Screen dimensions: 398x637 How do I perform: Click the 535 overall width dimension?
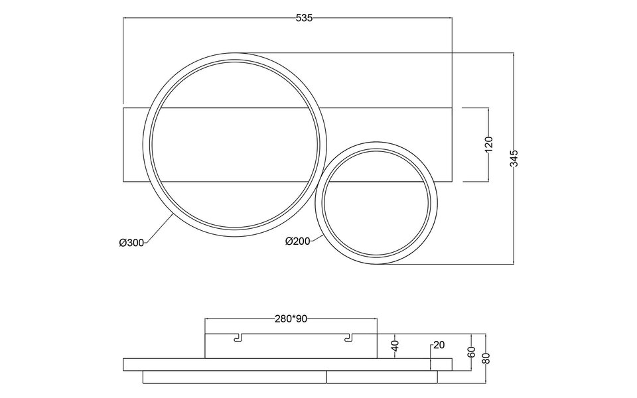point(304,19)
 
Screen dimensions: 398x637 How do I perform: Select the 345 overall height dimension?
point(514,158)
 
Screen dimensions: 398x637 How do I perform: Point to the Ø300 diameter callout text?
point(131,243)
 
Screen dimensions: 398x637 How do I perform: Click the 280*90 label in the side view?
point(291,319)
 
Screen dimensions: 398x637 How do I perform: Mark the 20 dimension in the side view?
point(438,345)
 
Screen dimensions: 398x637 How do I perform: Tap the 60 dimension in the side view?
point(472,352)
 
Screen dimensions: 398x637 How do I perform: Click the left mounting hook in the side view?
point(237,338)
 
